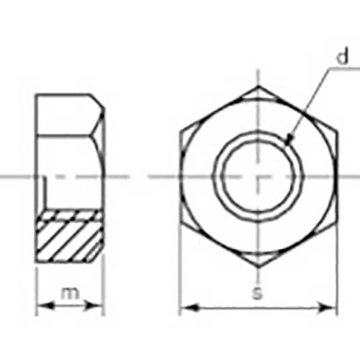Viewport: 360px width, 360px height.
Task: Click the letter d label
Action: point(343,57)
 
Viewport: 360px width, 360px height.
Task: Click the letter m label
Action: point(70,293)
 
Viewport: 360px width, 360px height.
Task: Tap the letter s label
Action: point(257,293)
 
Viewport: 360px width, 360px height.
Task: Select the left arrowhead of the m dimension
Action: point(45,306)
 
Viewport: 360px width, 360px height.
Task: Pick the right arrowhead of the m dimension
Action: point(94,306)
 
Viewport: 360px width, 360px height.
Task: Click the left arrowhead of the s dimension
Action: point(189,307)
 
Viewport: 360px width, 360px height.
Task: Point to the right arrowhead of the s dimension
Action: point(327,307)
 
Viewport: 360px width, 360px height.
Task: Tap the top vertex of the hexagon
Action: point(258,86)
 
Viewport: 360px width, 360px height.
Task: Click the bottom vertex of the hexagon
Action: point(258,267)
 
